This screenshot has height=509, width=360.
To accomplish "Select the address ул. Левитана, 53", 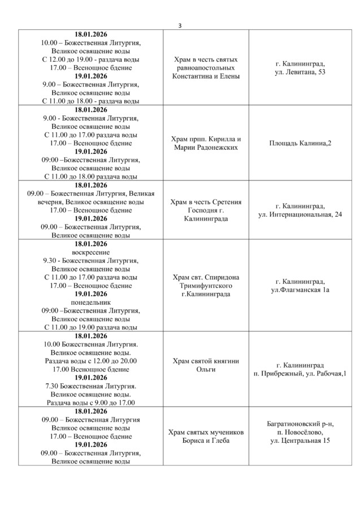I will (300, 72).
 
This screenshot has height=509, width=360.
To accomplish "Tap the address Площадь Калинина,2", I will (300, 143).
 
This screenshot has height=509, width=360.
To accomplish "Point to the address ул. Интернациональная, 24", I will (300, 214).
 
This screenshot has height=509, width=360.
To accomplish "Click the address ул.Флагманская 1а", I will (300, 290).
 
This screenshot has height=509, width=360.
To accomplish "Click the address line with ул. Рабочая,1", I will (300, 374).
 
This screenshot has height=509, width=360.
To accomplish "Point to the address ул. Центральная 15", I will (300, 441).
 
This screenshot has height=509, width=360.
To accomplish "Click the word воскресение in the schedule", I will (91, 252).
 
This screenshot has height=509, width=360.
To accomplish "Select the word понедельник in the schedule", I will (91, 302).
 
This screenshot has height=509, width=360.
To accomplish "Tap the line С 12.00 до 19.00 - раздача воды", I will (91, 59).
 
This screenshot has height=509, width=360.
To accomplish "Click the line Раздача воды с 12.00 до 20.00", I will (91, 361).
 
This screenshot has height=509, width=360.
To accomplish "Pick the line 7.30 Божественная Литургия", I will (91, 386).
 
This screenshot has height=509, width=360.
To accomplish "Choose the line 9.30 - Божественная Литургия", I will (91, 260).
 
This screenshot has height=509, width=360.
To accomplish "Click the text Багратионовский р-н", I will (300, 424).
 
